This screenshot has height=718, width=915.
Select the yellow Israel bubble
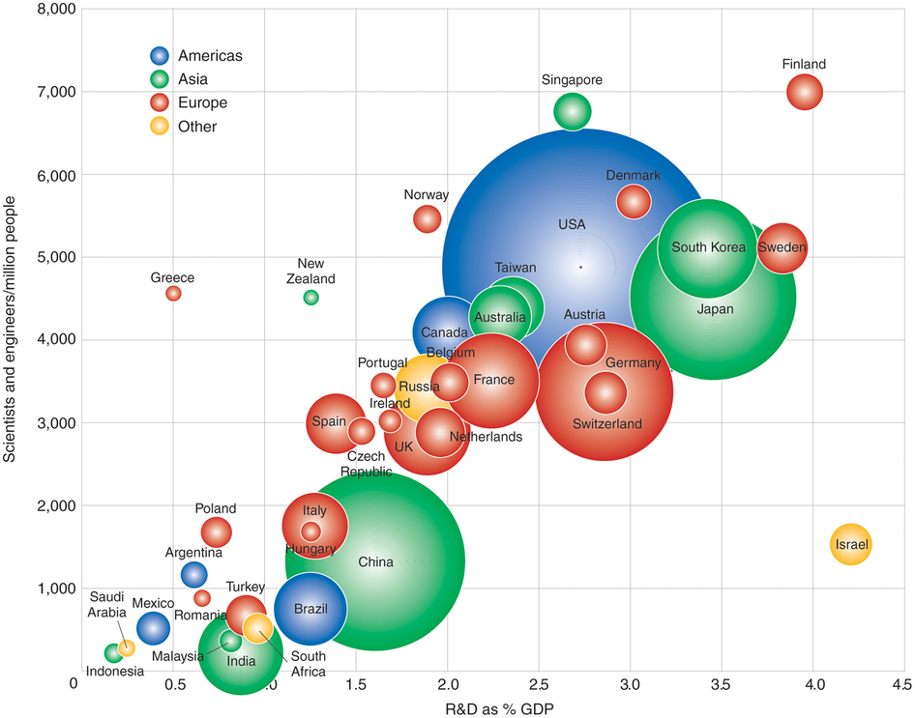pos(851,545)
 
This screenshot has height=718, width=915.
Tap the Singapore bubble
pos(572,112)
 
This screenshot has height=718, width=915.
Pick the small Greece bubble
pos(173,293)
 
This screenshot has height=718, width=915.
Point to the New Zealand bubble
pos(310,298)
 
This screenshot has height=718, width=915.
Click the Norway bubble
pos(427,218)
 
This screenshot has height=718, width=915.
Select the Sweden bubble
pos(782,247)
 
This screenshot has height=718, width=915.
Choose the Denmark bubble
pos(634,201)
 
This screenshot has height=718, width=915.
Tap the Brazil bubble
pos(310,609)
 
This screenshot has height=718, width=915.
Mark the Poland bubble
pos(216,531)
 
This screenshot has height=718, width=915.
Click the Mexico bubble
pos(153,628)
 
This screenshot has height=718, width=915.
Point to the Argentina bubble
pos(193,574)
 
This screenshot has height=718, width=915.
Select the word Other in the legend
pos(197,127)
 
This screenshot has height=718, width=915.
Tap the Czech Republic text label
pos(365,464)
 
